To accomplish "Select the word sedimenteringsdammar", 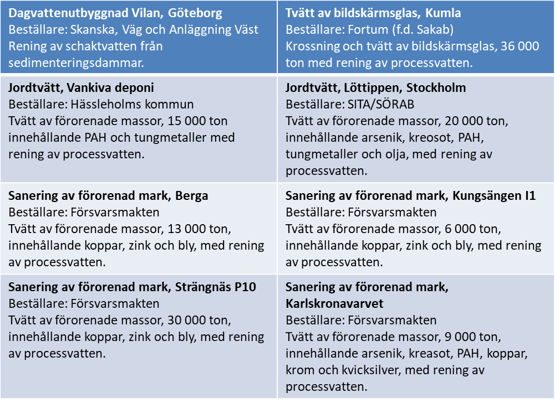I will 75,62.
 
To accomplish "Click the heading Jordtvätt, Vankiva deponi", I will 81,87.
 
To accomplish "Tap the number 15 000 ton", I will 187,120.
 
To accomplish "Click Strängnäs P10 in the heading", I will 216,287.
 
